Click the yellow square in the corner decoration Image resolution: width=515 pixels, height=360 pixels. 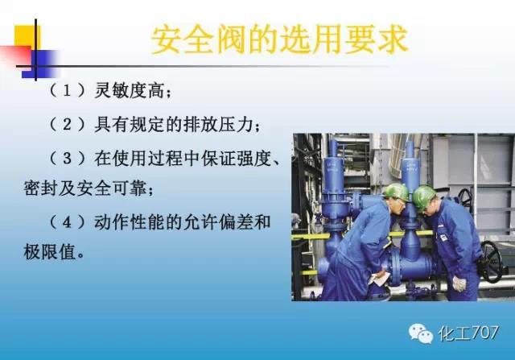pyautogui.click(x=23, y=35)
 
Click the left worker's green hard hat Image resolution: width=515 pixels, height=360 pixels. pyautogui.click(x=394, y=192)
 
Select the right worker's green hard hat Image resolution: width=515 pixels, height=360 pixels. pyautogui.click(x=423, y=194)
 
